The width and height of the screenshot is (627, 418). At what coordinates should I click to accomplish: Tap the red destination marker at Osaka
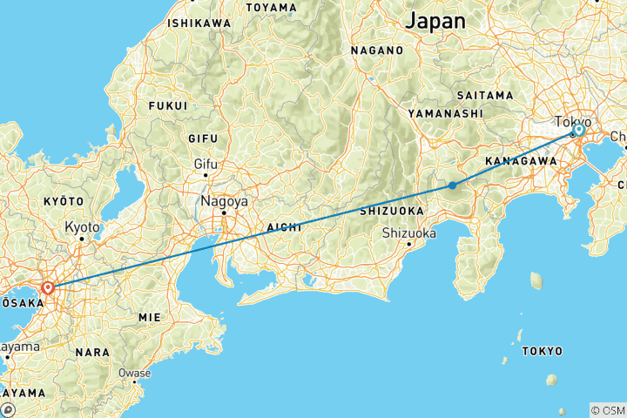[x=48, y=287]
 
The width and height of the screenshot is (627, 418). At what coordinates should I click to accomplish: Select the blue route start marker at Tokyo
[x=578, y=130]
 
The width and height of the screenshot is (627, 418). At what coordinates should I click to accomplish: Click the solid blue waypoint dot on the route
[x=453, y=185]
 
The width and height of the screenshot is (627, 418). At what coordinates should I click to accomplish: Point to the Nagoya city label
[x=224, y=200]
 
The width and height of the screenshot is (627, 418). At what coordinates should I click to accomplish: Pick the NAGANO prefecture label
[x=377, y=51]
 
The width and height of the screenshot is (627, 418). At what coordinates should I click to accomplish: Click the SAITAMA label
[x=484, y=94]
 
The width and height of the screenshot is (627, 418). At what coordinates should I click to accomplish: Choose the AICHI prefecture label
[x=283, y=226]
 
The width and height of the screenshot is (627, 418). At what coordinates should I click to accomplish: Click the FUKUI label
[x=168, y=105]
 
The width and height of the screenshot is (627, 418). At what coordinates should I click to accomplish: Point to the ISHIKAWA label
[x=200, y=22]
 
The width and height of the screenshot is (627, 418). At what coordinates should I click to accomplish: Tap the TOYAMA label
[x=272, y=8]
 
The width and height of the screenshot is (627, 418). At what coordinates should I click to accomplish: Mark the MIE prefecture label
[x=150, y=318]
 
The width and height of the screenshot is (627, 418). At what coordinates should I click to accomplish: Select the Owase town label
[x=135, y=373]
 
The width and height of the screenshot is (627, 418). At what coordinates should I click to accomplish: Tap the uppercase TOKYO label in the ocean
[x=543, y=351]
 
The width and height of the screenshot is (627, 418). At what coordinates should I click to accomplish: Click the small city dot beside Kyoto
[x=82, y=238]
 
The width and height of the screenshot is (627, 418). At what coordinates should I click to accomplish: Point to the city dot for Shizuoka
[x=408, y=244]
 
